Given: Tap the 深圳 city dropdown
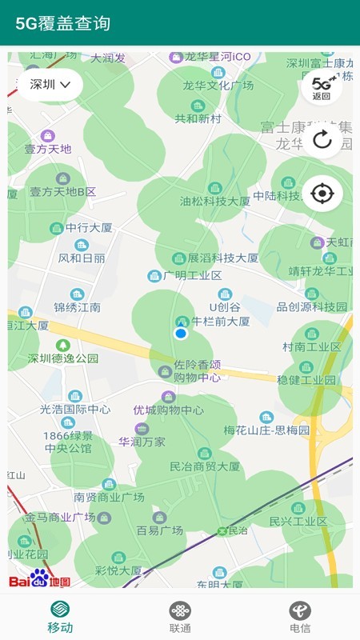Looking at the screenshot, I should [50, 84].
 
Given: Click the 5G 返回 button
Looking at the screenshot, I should [322, 88].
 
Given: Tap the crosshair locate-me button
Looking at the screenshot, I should [322, 193].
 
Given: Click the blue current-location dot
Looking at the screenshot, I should [181, 333].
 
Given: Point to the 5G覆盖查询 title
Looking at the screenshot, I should [63, 23].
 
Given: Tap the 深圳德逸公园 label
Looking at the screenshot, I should [63, 358].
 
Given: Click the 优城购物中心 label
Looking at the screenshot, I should [168, 410].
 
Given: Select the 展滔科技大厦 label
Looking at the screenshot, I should [223, 258].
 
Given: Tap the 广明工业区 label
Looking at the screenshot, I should [192, 275].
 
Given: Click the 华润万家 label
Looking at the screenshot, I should [142, 442].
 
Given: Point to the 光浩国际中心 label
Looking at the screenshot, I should [75, 409].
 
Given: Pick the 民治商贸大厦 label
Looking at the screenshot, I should [205, 466].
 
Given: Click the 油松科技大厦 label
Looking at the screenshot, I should [214, 202].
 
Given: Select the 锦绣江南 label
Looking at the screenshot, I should [78, 307].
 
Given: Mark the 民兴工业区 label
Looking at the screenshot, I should [298, 522].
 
